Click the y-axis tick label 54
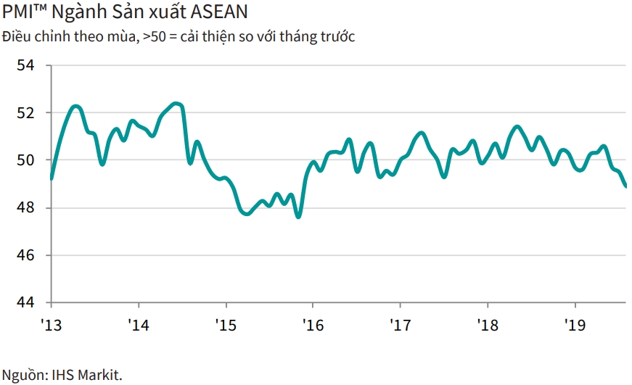click(x=25, y=65)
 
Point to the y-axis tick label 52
click(x=25, y=113)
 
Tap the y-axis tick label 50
click(x=25, y=160)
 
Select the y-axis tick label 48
click(x=25, y=208)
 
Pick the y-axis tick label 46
click(x=25, y=255)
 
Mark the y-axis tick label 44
click(x=25, y=302)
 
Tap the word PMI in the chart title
click(x=17, y=14)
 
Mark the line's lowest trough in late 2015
click(x=298, y=217)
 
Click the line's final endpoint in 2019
click(x=625, y=186)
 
